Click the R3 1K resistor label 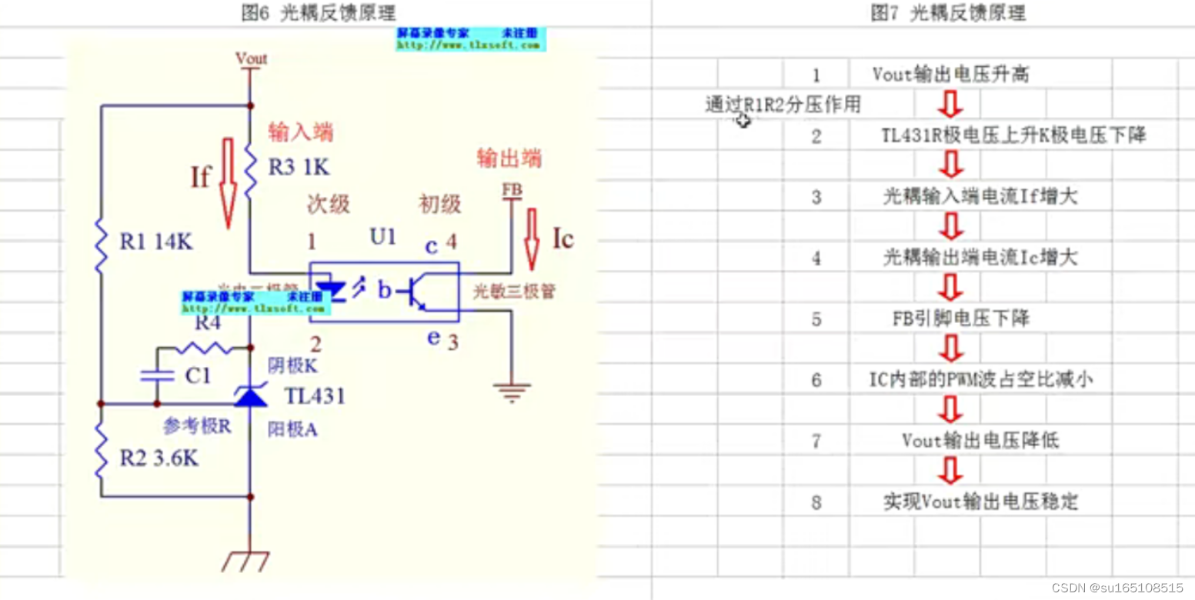[x=299, y=168]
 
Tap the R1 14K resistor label [x=156, y=242]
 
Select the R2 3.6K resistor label [x=160, y=458]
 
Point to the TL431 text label [x=315, y=397]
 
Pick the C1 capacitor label [x=199, y=376]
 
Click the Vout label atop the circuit [x=251, y=58]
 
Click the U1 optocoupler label [x=382, y=236]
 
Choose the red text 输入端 [x=300, y=132]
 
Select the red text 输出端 [x=509, y=158]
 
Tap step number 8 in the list [x=816, y=503]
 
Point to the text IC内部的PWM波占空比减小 [x=979, y=379]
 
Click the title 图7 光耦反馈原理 [x=948, y=13]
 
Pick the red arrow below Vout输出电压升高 [x=952, y=103]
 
